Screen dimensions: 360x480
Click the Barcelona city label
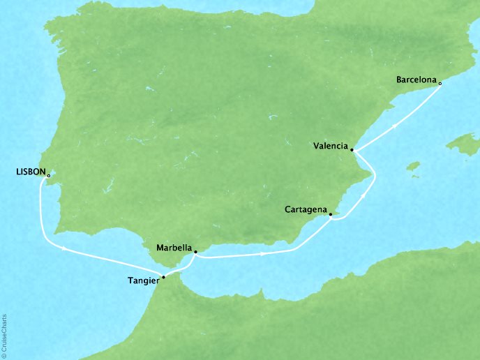pos(417,80)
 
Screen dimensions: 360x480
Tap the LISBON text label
pos(29,171)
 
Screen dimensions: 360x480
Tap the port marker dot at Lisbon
pos(48,176)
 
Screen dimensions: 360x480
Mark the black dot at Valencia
pos(352,150)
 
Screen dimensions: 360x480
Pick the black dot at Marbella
pos(195,252)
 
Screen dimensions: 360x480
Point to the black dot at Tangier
pos(163,278)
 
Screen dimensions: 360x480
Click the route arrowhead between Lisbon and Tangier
pos(65,248)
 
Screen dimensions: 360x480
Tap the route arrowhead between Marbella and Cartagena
pos(263,254)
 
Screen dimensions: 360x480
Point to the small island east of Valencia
pos(414,167)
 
